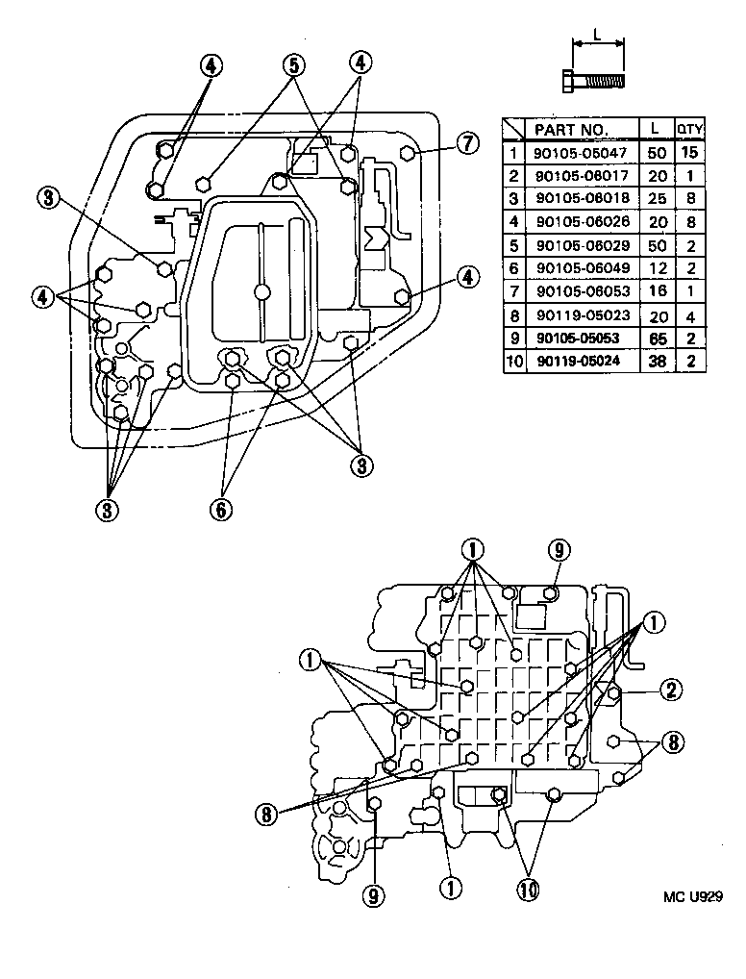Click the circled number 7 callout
click(466, 144)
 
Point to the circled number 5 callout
click(294, 64)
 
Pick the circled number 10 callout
click(527, 891)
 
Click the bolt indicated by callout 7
click(407, 153)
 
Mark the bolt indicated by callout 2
click(614, 690)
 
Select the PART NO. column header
click(571, 129)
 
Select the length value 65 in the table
click(657, 339)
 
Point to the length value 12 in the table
click(657, 269)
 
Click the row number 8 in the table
click(513, 316)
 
